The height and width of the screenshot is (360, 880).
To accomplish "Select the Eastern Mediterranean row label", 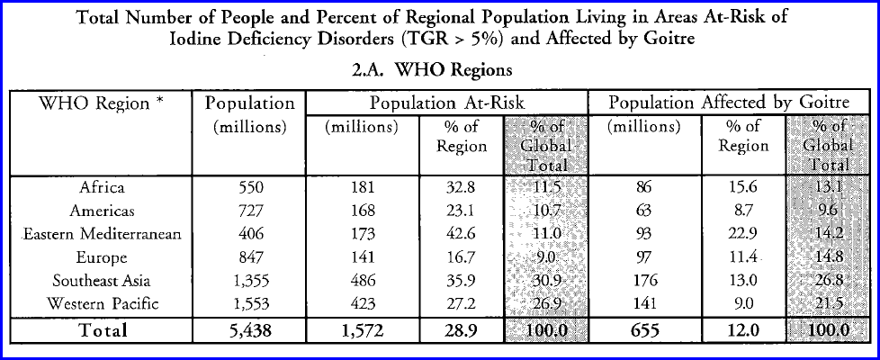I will (102, 235).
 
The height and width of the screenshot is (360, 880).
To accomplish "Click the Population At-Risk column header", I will (447, 103).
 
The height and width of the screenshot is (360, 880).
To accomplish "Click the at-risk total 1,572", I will (362, 330).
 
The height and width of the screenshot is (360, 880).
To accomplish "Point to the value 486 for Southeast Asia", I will (362, 281).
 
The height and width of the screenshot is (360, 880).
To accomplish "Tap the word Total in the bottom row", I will (102, 330).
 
